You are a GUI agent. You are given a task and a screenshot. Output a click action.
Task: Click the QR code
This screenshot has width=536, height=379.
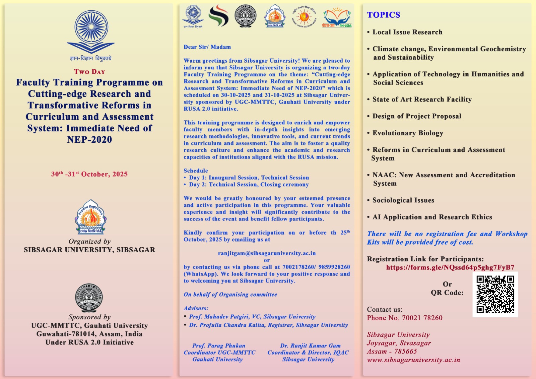point(495,294)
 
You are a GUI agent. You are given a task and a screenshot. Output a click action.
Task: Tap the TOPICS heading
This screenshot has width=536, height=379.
point(384,15)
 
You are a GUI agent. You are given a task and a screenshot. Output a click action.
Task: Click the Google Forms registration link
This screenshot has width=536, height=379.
point(450,267)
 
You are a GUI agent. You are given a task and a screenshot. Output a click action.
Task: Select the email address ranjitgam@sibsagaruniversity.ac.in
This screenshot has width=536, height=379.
point(267,253)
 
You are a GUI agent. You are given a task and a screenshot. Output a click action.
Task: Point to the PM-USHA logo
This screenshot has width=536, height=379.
point(337,17)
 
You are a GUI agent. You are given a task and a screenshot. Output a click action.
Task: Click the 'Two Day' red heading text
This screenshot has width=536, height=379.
point(89,72)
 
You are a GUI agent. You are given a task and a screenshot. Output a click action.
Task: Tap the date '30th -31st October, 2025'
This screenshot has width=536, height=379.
point(89,174)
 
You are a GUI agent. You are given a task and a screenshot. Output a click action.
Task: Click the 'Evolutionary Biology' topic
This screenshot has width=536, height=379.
point(408,133)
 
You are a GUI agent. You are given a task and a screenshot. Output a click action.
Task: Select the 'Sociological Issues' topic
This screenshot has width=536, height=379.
point(403,200)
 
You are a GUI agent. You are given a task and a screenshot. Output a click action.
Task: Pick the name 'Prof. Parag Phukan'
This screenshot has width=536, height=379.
point(219,345)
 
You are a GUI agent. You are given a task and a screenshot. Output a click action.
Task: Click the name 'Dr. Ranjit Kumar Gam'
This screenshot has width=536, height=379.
point(310,345)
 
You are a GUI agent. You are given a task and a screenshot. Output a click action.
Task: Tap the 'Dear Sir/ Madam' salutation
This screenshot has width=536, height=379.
point(207,47)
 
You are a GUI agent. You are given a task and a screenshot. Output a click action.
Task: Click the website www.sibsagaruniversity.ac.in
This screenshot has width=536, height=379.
point(413,360)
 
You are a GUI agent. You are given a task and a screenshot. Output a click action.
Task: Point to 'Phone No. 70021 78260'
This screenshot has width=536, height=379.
point(405,318)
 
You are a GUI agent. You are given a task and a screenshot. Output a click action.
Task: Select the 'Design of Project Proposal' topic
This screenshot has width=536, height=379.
point(417,116)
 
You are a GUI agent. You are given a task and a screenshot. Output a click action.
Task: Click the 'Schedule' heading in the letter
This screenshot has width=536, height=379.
point(196,171)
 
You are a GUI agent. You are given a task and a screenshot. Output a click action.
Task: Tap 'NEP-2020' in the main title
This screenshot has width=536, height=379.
point(89,140)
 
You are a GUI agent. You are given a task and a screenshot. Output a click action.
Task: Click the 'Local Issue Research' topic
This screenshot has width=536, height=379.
point(407,32)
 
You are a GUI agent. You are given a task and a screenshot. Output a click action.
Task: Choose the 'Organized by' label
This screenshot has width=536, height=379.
point(89,241)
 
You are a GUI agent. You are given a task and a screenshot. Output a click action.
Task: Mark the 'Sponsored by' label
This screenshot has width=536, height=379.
point(89,317)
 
